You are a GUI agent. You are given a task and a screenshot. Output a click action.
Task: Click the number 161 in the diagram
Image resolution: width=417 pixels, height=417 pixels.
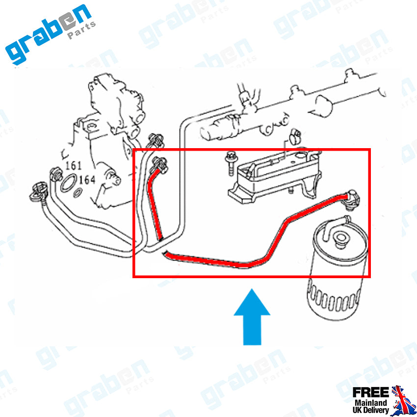click(x=74, y=166)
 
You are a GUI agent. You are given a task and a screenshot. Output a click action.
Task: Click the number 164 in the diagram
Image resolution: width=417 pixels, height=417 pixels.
click(x=87, y=180)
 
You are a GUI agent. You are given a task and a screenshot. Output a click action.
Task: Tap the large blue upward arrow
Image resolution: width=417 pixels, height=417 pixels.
click(x=252, y=317)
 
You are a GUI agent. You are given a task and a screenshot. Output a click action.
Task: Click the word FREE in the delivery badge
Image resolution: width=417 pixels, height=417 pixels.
click(x=370, y=392)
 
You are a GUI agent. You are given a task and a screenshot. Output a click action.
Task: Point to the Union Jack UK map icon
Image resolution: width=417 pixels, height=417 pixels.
click(x=403, y=400)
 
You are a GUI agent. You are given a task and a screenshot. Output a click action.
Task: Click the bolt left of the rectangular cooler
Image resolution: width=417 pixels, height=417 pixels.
click(x=230, y=163)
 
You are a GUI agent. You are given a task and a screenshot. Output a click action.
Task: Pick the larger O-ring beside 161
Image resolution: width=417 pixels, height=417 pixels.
click(x=69, y=182)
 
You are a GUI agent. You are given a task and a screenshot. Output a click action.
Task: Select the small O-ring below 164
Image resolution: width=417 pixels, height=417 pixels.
click(x=78, y=193)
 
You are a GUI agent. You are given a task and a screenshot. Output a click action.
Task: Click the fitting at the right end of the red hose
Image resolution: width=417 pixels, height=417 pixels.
click(x=352, y=199)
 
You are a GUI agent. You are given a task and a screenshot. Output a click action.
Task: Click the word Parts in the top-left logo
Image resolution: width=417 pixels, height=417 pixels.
click(x=81, y=30)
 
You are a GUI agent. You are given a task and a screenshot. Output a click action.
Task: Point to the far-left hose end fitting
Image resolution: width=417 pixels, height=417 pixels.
click(x=37, y=191)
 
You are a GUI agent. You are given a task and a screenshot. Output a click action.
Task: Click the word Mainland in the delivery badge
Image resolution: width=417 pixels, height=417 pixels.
click(x=371, y=403)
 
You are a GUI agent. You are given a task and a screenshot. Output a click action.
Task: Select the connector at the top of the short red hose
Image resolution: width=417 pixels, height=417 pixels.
click(x=159, y=165)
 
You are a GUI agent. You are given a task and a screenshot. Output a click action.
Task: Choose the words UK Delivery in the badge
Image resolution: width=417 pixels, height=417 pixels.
click(x=371, y=410)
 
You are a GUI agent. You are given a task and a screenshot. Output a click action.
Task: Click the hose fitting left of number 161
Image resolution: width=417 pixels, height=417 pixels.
click(x=56, y=174)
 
